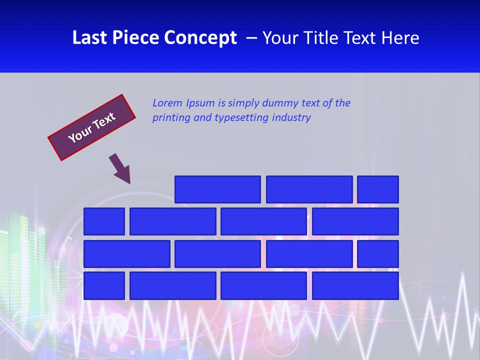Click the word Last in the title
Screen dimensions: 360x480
(88, 38)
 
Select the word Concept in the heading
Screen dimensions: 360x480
(201, 38)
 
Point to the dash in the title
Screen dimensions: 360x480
(252, 38)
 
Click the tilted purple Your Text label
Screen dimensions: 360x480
(91, 127)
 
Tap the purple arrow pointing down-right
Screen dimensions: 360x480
(120, 168)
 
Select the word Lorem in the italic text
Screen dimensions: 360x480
(167, 103)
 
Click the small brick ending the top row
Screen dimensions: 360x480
(378, 189)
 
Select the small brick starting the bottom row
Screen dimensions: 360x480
(104, 285)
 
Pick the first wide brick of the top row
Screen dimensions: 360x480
(217, 189)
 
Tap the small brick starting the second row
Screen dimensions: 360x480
(104, 221)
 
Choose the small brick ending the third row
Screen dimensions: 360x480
(378, 253)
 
